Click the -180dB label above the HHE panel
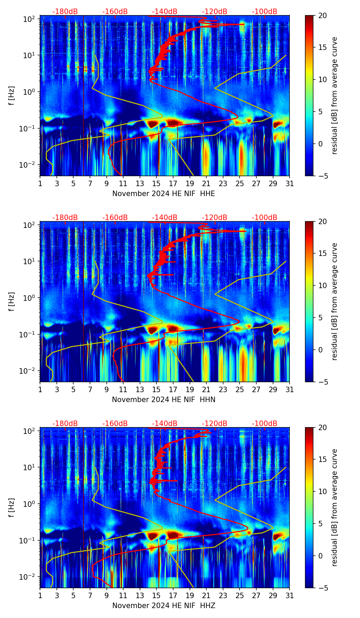point(65,12)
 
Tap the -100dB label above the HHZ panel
point(265,424)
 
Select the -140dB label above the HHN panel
point(165,218)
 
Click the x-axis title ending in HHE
point(164,194)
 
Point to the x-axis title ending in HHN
point(164,400)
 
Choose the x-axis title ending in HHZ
point(164,606)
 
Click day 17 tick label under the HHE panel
point(173,183)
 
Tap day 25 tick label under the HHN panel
point(240,389)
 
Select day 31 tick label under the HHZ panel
point(290,595)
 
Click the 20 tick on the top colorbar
point(322,15)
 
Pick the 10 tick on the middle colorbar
point(322,285)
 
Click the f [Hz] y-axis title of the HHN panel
point(12,301)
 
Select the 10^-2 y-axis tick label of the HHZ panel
point(30,577)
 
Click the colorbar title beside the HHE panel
point(334,95)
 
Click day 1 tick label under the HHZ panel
point(40,595)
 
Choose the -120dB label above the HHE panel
point(215,12)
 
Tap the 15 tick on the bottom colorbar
point(322,460)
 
